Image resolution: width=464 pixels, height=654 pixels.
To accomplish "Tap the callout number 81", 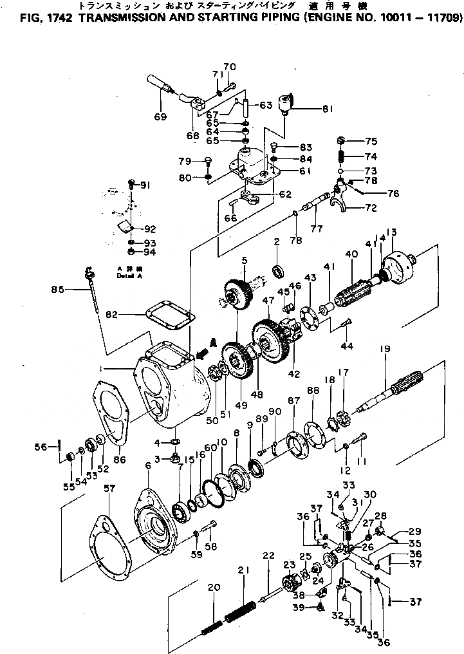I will coord(328,109).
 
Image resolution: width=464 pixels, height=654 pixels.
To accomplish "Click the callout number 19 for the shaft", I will coord(385,350).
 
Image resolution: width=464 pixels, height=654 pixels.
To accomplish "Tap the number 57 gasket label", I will coord(109,489).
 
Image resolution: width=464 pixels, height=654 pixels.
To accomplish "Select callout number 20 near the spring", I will coord(214,586).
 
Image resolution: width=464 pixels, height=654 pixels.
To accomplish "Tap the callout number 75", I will coord(371,142).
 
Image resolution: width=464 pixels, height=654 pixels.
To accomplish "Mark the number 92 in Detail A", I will coord(149,229).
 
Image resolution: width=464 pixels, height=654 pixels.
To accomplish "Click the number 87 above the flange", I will coord(294,401).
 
